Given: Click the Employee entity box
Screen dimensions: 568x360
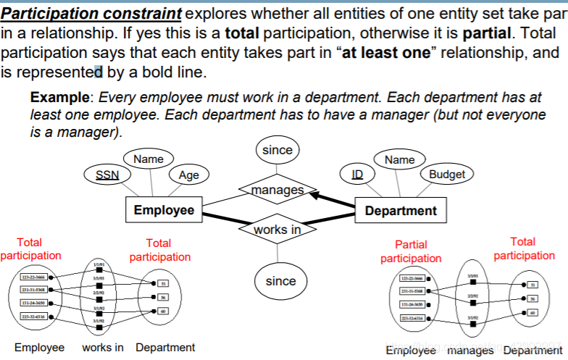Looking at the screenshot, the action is click(164, 210).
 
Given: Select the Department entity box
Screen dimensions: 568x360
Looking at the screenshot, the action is click(401, 211).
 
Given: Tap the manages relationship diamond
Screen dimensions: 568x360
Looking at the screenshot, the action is click(277, 190).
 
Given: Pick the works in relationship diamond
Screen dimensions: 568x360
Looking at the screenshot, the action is click(277, 230).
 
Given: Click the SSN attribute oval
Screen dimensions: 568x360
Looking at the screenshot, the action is click(108, 175).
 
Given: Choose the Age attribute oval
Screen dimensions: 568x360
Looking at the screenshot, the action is click(188, 175).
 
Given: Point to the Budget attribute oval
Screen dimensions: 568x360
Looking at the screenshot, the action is click(447, 174).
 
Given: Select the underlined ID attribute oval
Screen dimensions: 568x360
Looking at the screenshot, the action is click(357, 175).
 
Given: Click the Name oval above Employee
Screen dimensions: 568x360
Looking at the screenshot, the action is click(149, 159).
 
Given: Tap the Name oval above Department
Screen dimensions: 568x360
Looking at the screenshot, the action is click(400, 159).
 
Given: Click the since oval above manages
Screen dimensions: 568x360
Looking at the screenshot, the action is click(277, 150).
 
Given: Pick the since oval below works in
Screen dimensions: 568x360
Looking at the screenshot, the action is click(280, 281).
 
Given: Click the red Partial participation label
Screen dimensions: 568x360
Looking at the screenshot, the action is click(411, 251).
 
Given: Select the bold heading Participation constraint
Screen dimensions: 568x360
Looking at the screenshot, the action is click(91, 14).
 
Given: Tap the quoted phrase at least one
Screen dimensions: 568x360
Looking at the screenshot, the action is click(390, 53).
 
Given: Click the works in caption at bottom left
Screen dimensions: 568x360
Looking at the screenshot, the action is click(102, 348).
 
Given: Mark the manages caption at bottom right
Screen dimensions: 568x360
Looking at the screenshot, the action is click(470, 350).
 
